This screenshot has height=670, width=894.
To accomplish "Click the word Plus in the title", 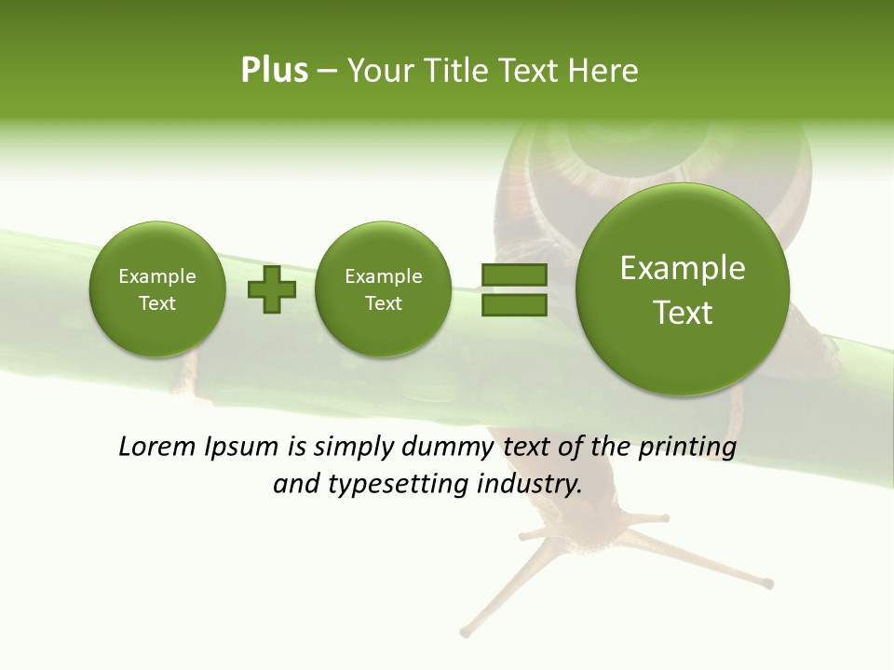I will (x=274, y=71).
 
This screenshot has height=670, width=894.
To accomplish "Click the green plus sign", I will (x=272, y=289).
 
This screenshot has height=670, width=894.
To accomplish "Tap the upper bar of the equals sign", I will (x=514, y=275).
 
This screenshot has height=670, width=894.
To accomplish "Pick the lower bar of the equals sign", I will (x=514, y=304).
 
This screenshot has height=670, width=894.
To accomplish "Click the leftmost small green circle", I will (x=157, y=289).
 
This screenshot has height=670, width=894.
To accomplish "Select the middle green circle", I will (x=383, y=289).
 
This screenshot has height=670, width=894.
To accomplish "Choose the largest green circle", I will (x=683, y=289).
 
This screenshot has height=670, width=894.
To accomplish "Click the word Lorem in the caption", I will (x=157, y=448).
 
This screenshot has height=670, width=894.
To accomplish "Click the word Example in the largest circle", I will (x=683, y=268).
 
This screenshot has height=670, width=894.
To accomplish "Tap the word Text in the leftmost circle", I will (x=157, y=303).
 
